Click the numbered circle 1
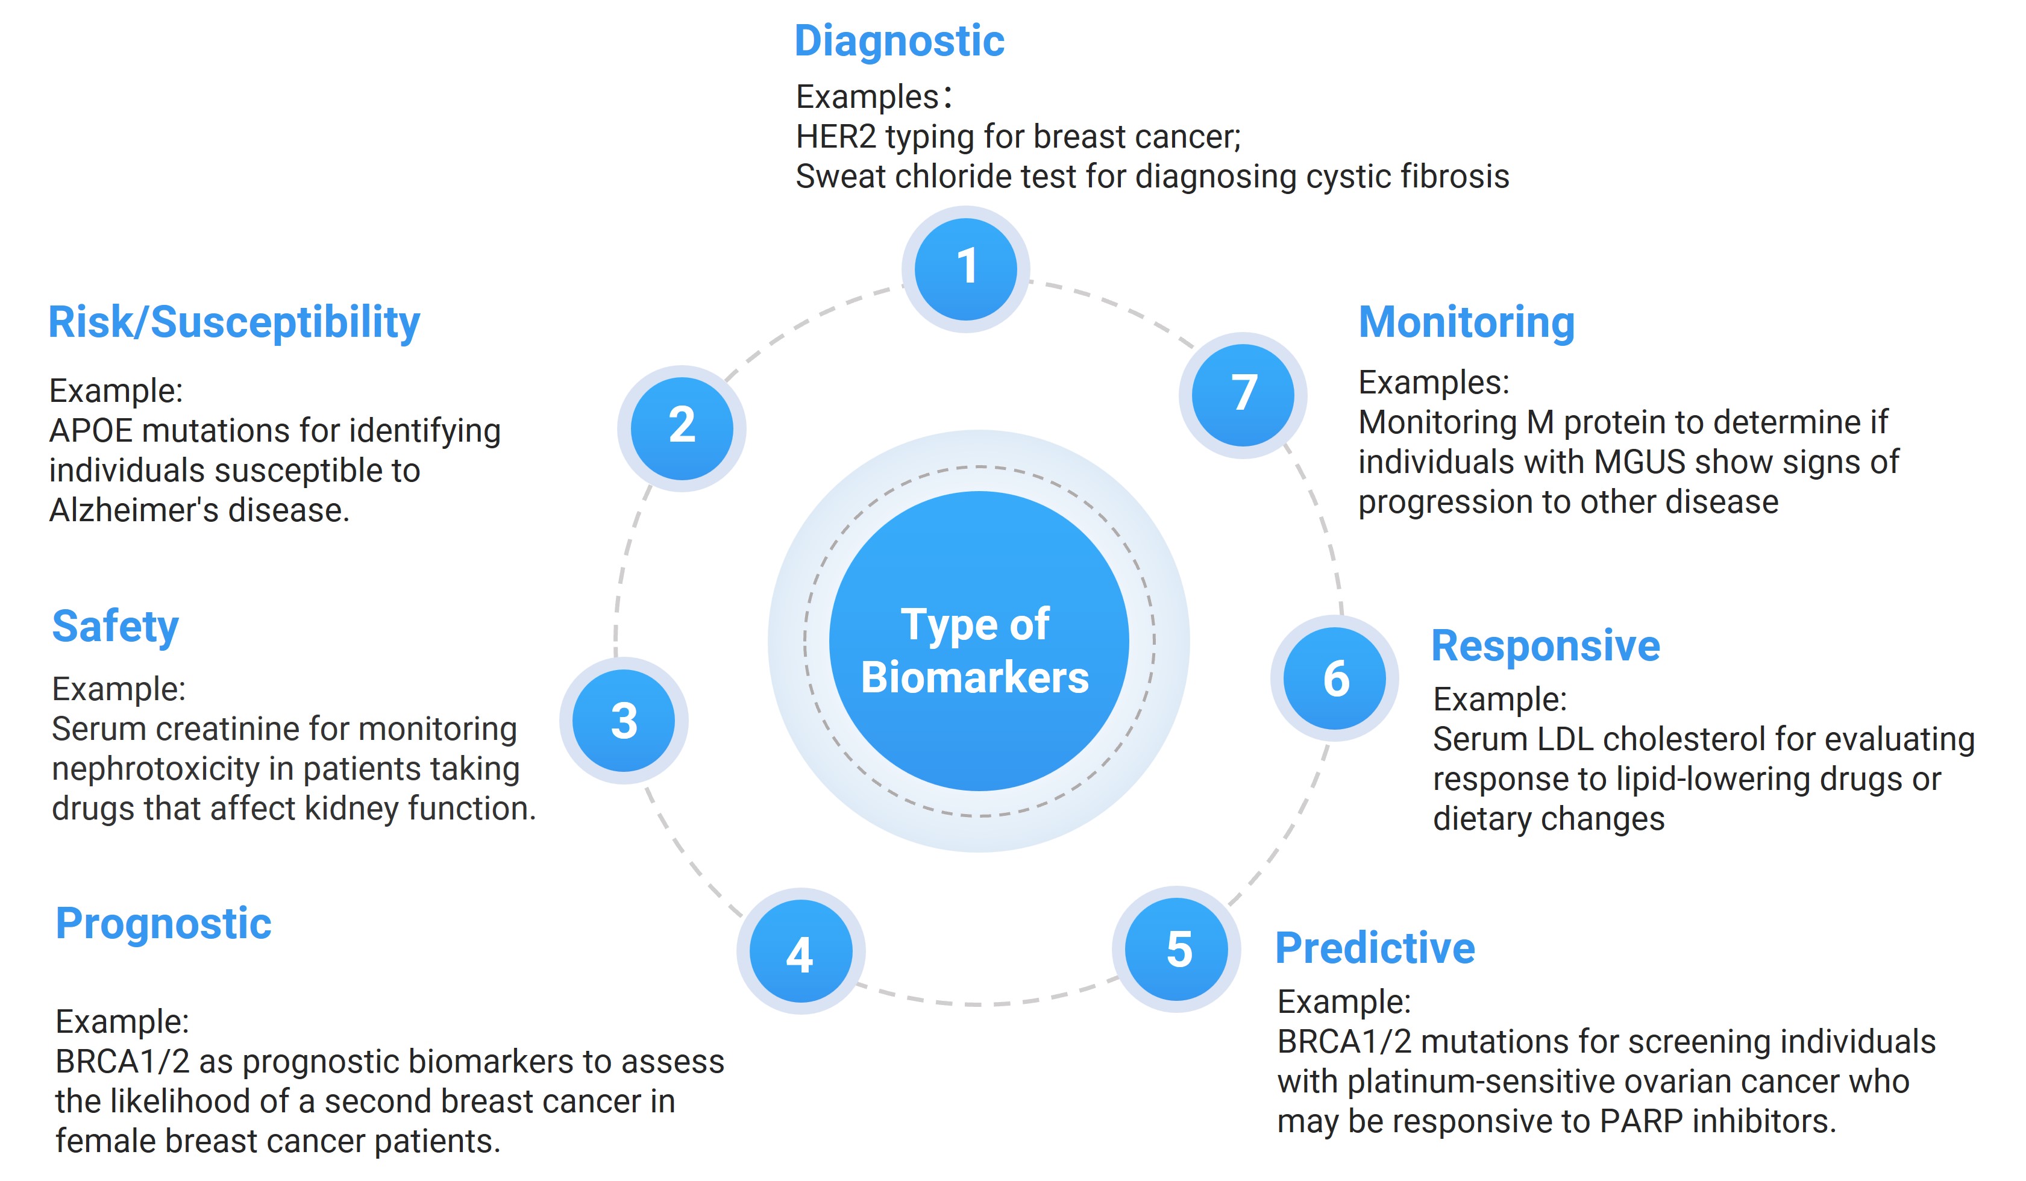(x=965, y=269)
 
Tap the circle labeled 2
(x=681, y=428)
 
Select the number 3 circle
(x=623, y=720)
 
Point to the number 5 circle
(x=1176, y=950)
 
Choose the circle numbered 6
(x=1335, y=678)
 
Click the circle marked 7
(x=1243, y=395)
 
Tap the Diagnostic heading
(x=899, y=41)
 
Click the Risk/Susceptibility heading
(x=234, y=323)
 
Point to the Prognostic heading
(x=163, y=924)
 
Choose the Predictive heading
(x=1375, y=948)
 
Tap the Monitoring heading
(x=1466, y=322)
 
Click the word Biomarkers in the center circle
(x=974, y=677)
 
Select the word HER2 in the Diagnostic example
(x=835, y=137)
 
